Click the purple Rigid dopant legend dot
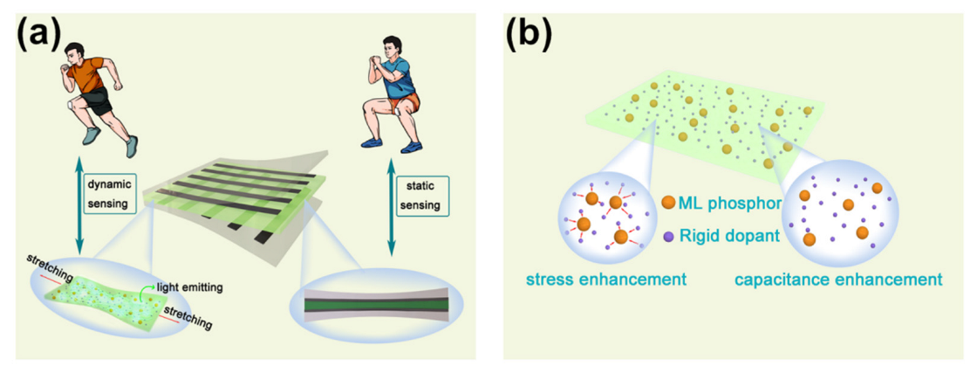(669, 235)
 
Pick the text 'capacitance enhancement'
(838, 280)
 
